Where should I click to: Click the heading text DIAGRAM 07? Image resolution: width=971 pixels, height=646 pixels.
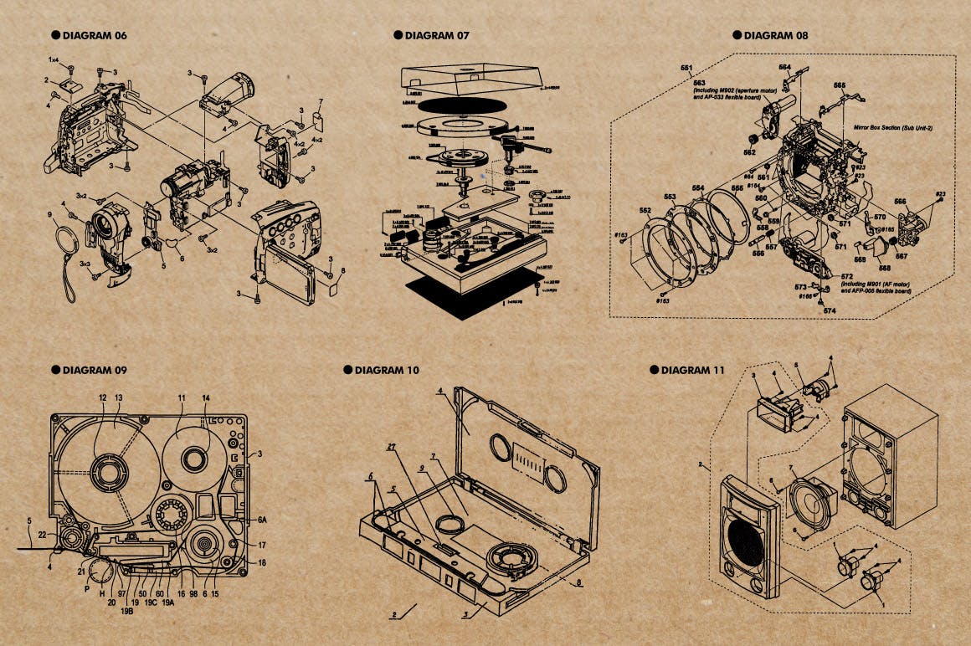click(x=436, y=36)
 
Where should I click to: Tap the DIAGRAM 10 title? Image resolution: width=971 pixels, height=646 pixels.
click(x=387, y=370)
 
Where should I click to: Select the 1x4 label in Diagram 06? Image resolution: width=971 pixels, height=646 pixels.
click(x=53, y=60)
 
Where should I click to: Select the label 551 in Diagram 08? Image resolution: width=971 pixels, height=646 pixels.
click(x=686, y=67)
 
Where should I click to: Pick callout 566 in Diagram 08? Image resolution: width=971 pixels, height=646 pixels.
click(x=900, y=201)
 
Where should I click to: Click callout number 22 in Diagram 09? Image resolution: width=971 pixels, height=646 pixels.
click(x=42, y=536)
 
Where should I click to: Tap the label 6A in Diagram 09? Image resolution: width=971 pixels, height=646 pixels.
click(x=262, y=520)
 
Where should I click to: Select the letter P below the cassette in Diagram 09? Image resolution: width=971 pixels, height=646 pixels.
click(x=87, y=588)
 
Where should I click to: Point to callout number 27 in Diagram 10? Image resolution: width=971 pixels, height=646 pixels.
click(x=390, y=448)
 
